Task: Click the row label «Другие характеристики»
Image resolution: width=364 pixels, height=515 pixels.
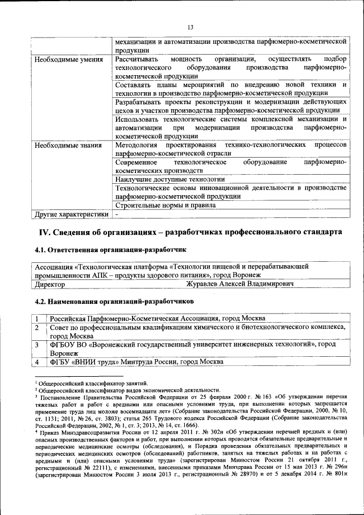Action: (x=71, y=215)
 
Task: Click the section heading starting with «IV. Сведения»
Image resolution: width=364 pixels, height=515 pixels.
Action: (x=190, y=232)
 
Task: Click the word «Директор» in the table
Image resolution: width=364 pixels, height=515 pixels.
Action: (x=49, y=283)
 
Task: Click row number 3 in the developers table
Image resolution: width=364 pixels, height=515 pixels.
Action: (x=36, y=344)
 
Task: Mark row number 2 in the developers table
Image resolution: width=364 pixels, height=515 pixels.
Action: (x=36, y=328)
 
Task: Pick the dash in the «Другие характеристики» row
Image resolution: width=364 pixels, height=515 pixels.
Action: (x=117, y=215)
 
